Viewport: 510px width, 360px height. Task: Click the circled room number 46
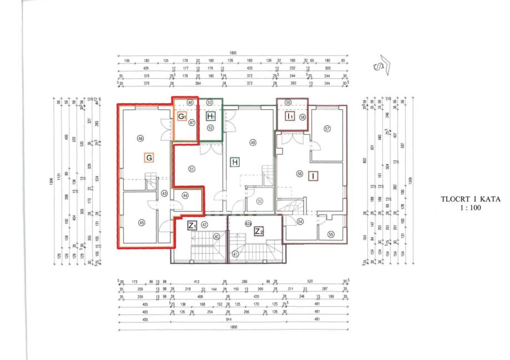[x=140, y=138]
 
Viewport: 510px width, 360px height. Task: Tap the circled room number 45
[x=142, y=222]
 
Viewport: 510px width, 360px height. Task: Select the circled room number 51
[x=192, y=169]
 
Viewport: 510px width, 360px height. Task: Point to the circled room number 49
[x=253, y=143]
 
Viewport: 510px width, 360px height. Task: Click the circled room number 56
[x=300, y=173]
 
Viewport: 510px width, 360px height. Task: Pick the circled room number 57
[x=327, y=129]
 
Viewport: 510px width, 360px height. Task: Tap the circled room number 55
[x=331, y=234]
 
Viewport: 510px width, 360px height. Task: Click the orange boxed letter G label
[x=148, y=158]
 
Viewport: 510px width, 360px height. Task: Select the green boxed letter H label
[x=235, y=162]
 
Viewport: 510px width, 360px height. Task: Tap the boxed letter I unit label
[x=314, y=176]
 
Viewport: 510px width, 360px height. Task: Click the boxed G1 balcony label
[x=181, y=116]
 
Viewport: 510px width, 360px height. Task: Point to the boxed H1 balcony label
[x=211, y=116]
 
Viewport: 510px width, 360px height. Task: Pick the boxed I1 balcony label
[x=290, y=116]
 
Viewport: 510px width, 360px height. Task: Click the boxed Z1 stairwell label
[x=192, y=225]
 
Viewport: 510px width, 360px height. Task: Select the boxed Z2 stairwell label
[x=258, y=230]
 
